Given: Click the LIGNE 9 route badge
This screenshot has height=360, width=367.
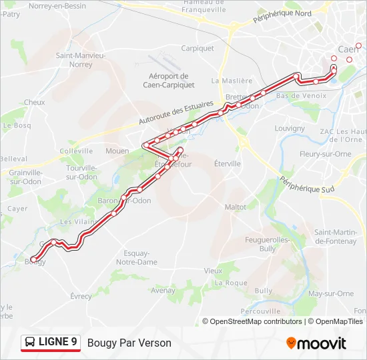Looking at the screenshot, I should (x=51, y=343).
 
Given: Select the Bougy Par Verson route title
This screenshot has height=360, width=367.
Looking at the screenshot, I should (x=129, y=343).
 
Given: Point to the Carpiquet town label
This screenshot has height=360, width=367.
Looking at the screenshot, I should (x=198, y=48).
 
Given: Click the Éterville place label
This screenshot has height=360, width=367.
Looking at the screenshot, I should (x=228, y=163).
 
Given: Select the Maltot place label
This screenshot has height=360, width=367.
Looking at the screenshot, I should (x=235, y=207).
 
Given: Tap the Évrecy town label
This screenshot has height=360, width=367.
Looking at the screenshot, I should (x=81, y=296).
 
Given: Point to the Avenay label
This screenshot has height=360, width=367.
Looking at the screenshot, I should (x=163, y=291).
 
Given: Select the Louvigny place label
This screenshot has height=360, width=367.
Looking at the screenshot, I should (x=290, y=128).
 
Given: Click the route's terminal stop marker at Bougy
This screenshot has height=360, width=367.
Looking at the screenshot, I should (x=33, y=259).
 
